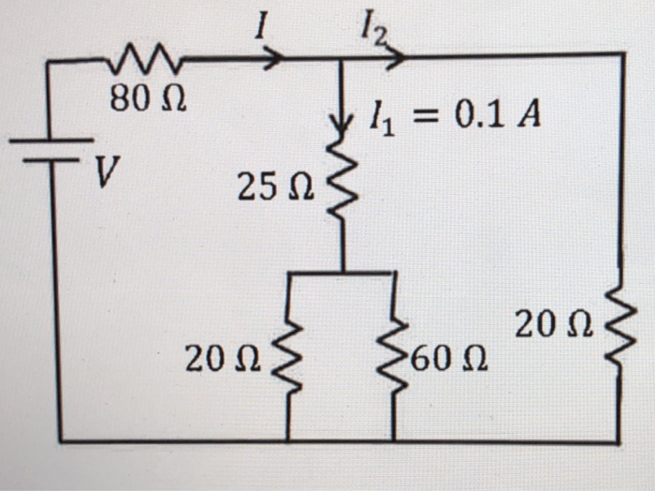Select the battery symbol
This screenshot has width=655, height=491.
click(51, 150)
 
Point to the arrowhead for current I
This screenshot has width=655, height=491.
click(273, 58)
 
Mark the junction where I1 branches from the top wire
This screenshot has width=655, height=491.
click(340, 57)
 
